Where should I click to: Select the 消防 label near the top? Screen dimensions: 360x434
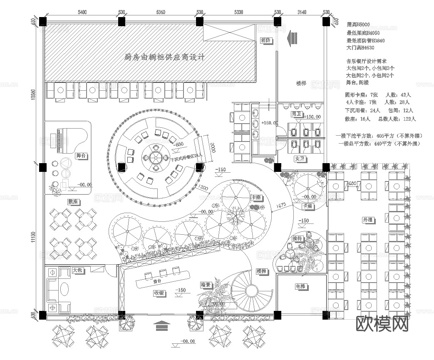click(266, 40)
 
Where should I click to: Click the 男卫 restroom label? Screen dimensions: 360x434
click(296, 114)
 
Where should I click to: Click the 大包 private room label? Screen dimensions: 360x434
click(78, 270)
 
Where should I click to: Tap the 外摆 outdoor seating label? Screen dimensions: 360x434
click(368, 219)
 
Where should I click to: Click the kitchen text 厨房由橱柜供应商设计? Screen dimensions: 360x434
click(165, 57)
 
